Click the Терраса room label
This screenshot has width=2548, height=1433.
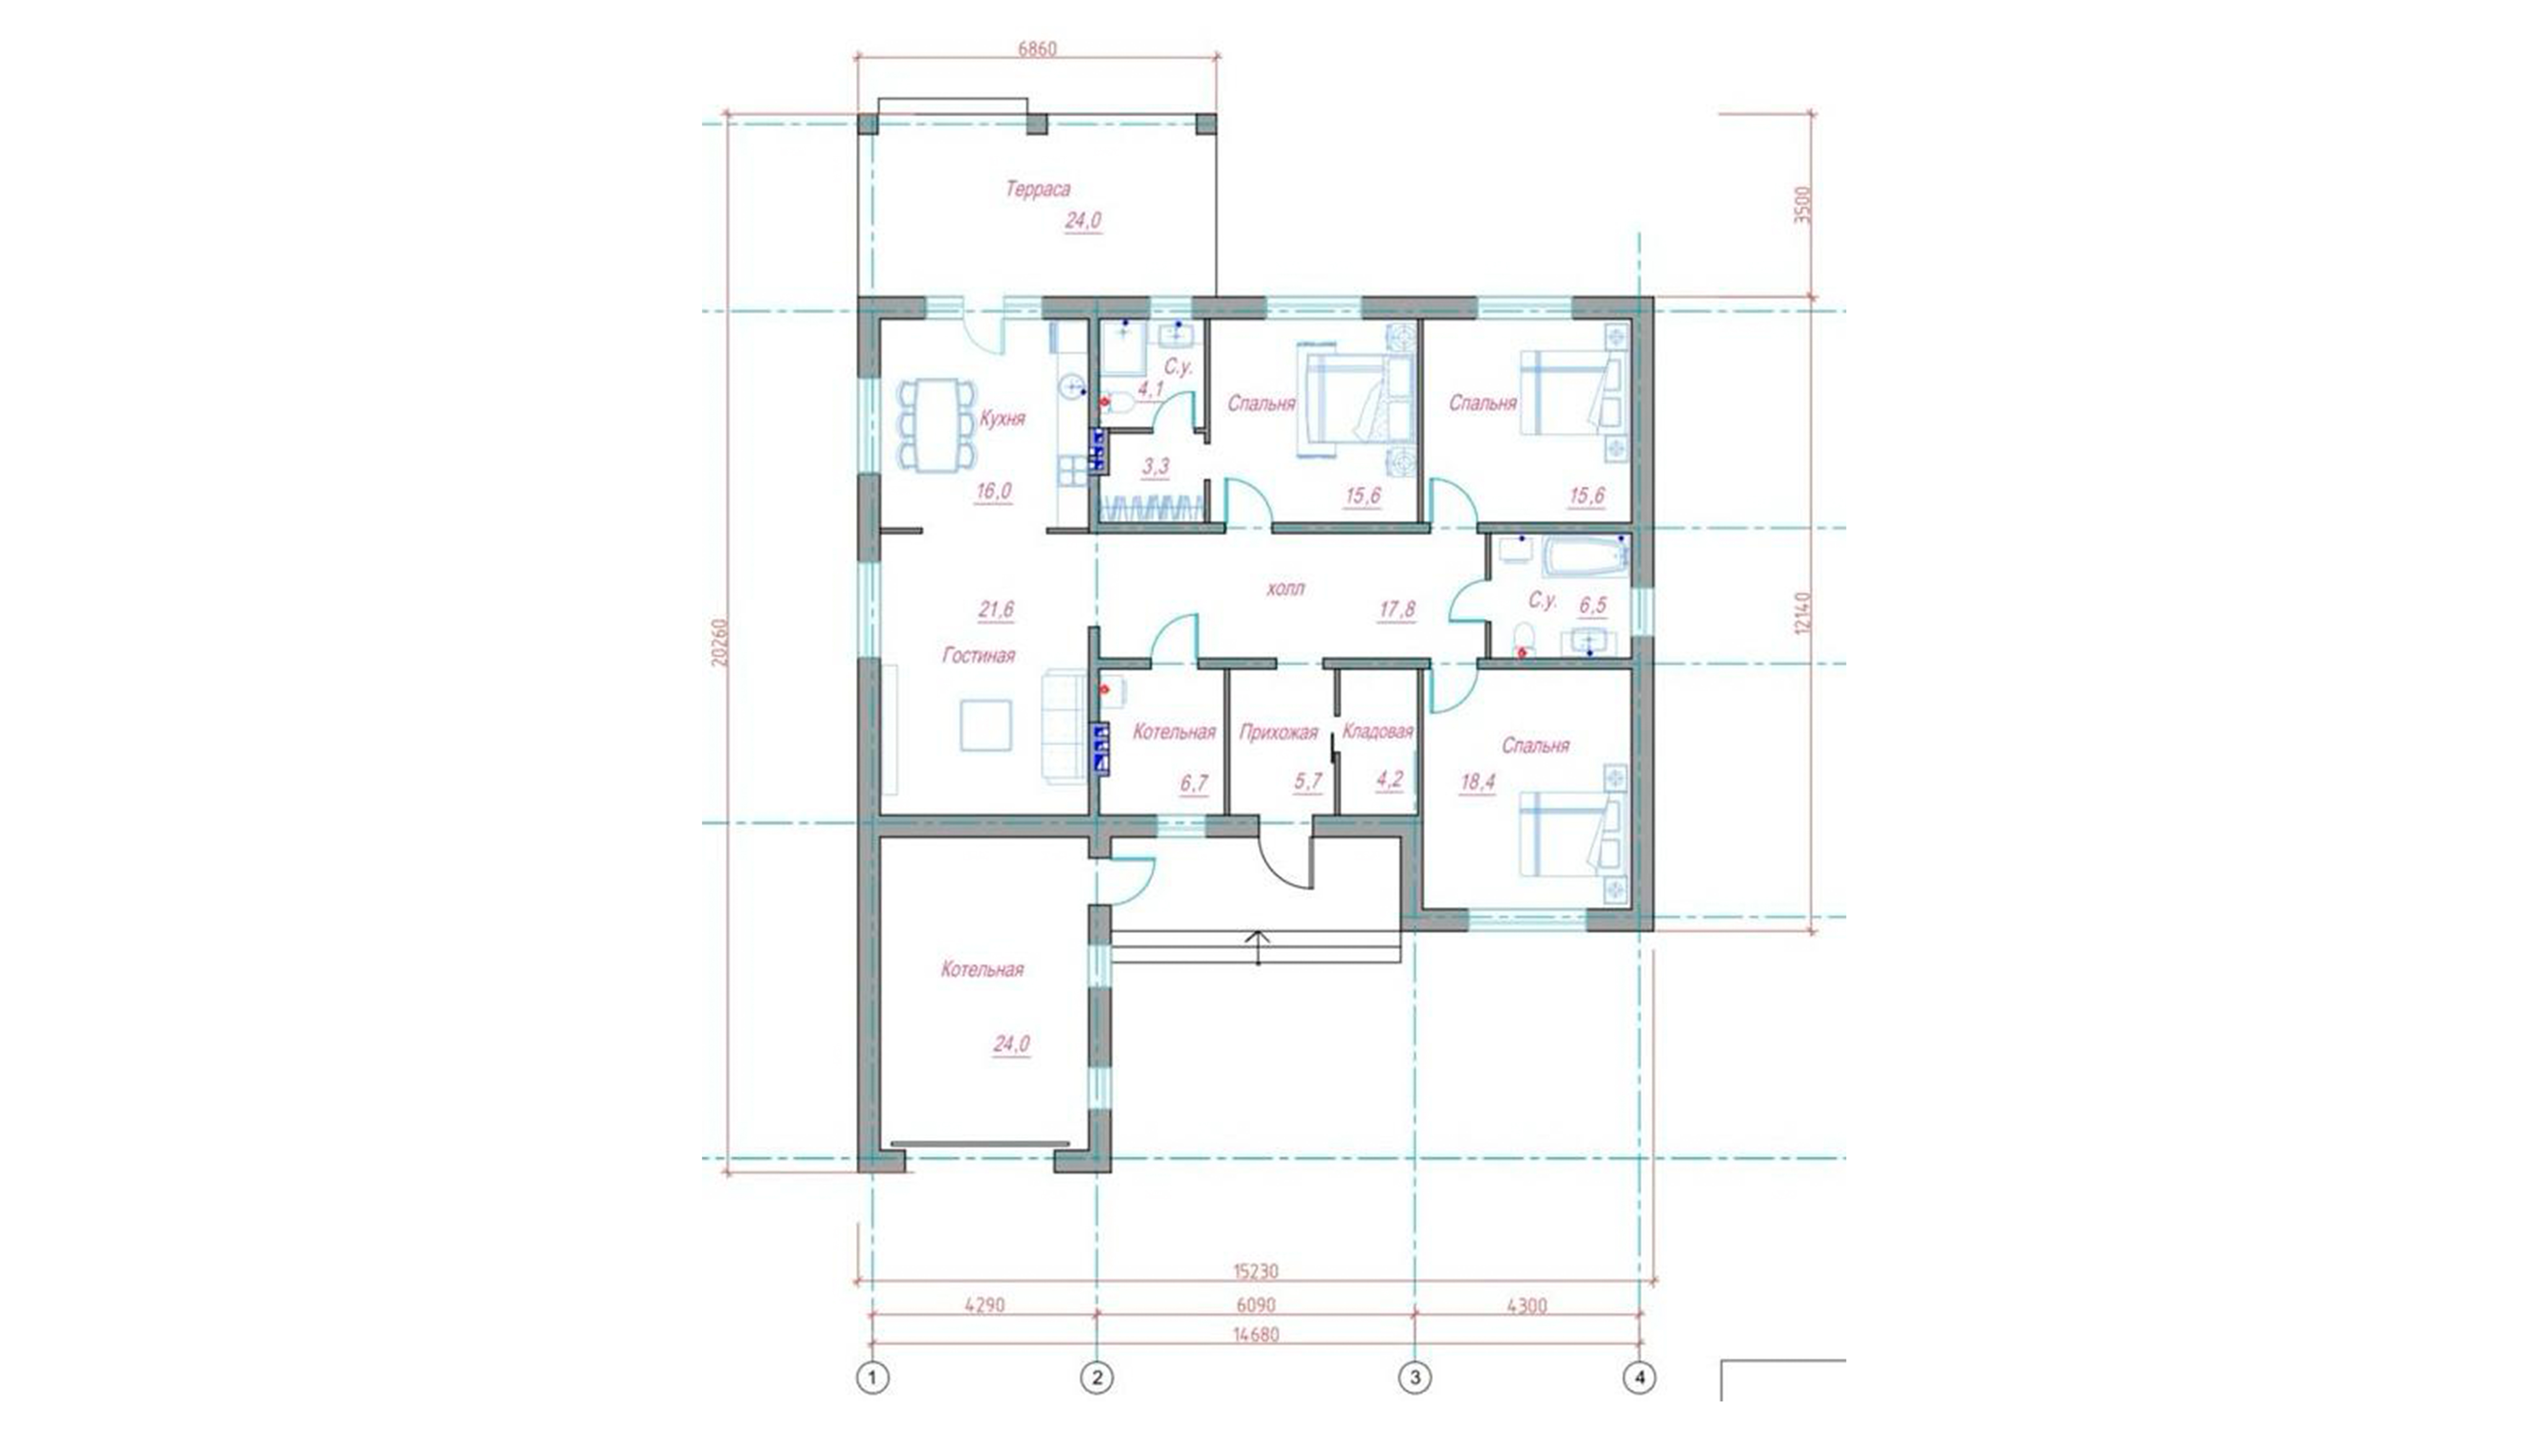click(1038, 189)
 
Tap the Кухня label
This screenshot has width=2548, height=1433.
click(1002, 418)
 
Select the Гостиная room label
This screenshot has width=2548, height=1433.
click(978, 655)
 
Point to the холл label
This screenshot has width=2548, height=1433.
click(1285, 588)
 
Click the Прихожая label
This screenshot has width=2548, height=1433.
click(1278, 733)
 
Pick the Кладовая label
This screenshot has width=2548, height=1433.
click(1377, 732)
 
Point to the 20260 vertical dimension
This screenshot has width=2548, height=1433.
click(719, 643)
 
